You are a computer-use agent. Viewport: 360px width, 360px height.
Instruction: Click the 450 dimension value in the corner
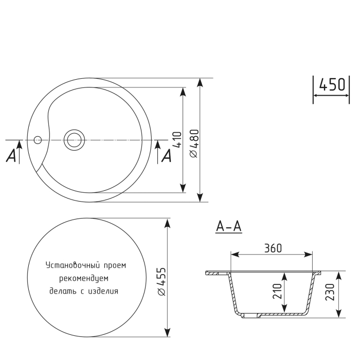[331, 85]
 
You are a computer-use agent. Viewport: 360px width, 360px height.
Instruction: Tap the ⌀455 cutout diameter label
[161, 281]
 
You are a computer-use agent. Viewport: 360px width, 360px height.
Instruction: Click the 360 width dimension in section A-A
[273, 248]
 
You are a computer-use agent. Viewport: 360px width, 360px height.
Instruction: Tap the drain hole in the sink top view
[74, 139]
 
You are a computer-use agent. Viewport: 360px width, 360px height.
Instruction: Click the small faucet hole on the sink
[37, 139]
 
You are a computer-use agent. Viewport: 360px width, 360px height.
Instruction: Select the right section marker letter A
[166, 156]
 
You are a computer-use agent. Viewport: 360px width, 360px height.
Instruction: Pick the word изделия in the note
[103, 291]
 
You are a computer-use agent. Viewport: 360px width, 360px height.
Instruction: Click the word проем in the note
[114, 265]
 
